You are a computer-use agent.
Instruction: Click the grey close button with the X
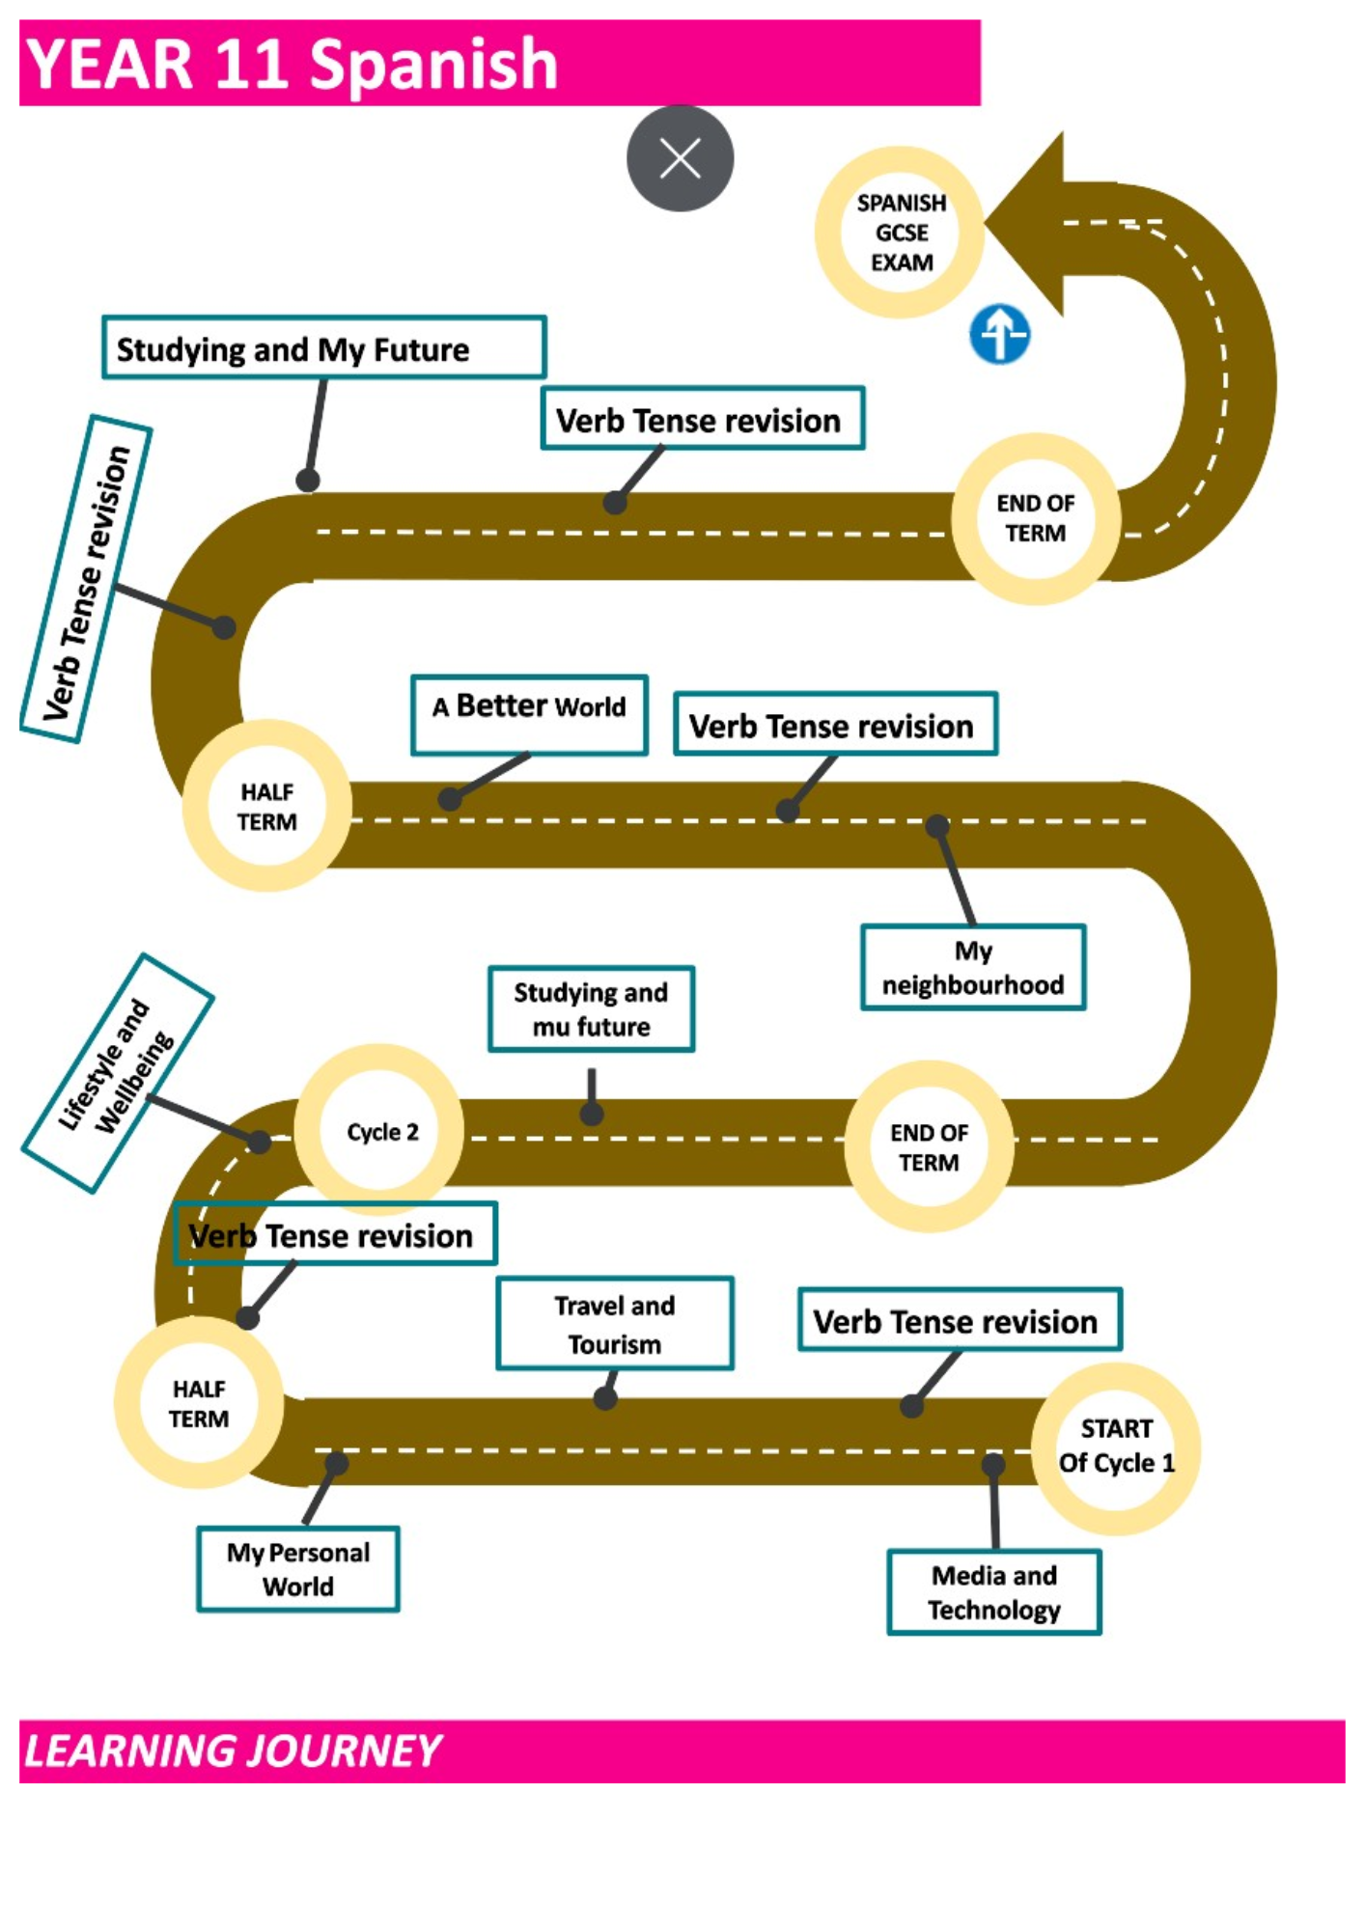(x=680, y=158)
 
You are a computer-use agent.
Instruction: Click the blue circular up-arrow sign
(x=999, y=335)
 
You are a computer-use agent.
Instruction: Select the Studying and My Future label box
(x=324, y=347)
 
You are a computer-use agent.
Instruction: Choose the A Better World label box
(x=529, y=715)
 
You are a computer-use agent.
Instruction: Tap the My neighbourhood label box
(x=973, y=967)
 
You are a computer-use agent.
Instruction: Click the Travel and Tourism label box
(x=615, y=1324)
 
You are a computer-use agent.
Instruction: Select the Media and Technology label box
(x=994, y=1592)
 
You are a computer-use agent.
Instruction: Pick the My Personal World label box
(x=298, y=1569)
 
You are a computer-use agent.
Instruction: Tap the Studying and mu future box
(x=591, y=1008)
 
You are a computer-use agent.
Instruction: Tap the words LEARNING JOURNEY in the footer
(x=233, y=1751)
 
